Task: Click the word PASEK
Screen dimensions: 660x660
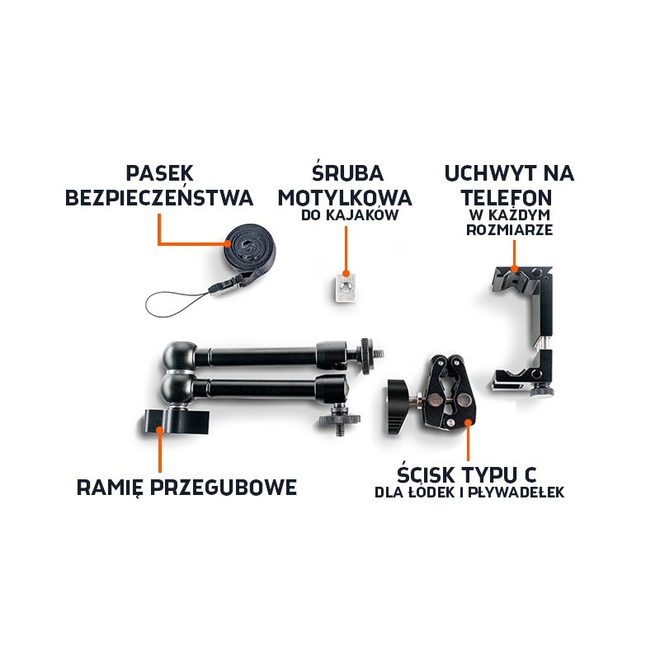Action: [x=159, y=173]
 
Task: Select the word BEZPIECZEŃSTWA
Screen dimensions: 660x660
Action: [x=159, y=197]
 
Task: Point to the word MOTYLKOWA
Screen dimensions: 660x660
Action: [x=345, y=198]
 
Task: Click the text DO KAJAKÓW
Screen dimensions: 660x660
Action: [x=350, y=215]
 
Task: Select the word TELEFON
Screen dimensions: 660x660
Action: [x=507, y=198]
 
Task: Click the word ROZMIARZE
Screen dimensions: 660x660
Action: [x=509, y=230]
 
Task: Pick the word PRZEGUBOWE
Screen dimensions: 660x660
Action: [x=224, y=488]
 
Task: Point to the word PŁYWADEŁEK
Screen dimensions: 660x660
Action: [x=516, y=493]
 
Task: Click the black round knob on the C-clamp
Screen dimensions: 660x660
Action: [x=397, y=407]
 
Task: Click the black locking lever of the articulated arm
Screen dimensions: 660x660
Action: [x=176, y=422]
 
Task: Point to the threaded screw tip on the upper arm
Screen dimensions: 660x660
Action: [x=379, y=355]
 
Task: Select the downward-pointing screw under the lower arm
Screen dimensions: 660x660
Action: [x=340, y=427]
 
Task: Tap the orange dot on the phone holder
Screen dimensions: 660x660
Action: [x=514, y=268]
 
